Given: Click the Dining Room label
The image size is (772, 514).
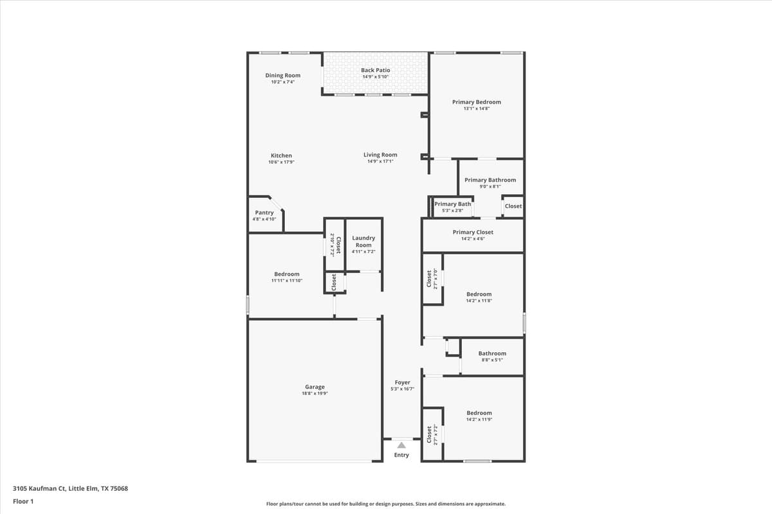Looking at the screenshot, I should coord(282,75).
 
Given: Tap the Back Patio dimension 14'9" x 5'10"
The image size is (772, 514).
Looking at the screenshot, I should coord(375,77).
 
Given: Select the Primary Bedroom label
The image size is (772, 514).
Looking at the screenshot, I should coord(476,102).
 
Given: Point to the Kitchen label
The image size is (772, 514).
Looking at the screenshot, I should coord(281,155).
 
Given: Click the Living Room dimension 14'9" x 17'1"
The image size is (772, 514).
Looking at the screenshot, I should coord(380,161).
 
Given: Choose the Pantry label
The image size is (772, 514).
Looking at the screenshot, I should coord(264,213).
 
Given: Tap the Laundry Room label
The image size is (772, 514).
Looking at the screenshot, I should coord(363,242).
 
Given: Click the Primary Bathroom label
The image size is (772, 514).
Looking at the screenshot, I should coord(490,180).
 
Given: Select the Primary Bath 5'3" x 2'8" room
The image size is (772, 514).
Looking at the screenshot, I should coord(452,207).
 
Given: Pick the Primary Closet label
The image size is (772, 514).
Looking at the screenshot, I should coord(473,232).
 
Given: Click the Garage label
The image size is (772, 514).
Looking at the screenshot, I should coord(315,387).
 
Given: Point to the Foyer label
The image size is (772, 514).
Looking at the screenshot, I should coord(402,382).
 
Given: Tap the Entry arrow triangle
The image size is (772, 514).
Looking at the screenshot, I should coord(401,445).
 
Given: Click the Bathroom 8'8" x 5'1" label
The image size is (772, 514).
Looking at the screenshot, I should coord(492,353).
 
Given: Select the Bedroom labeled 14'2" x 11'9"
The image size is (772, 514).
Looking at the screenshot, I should coord(479,413).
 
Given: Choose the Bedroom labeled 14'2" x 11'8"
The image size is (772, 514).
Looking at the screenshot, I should coord(479,294).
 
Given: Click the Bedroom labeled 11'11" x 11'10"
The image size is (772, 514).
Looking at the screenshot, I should coord(286,274).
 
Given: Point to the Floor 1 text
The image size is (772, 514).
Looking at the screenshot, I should coord(23,501).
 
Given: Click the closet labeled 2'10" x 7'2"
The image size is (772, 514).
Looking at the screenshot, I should coord(335,245).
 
